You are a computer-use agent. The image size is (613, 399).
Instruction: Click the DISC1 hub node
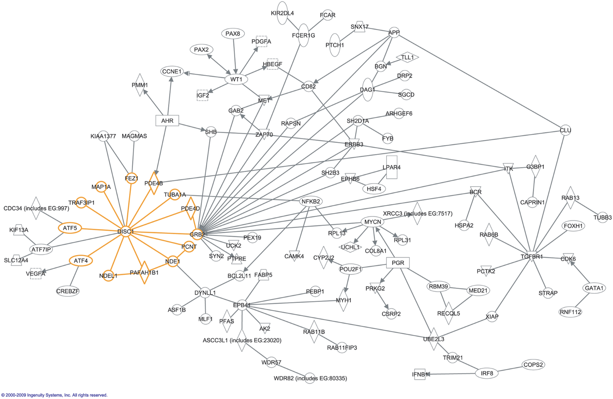tap(126, 232)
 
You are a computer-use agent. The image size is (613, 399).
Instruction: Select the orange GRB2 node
tap(197, 234)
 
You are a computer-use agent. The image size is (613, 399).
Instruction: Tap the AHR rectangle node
tap(167, 121)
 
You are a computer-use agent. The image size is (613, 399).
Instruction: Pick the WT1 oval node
tap(236, 79)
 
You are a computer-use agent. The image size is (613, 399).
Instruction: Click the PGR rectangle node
tap(398, 263)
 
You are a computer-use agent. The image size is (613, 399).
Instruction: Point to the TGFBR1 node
tap(532, 256)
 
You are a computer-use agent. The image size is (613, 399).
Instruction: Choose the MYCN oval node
tap(373, 222)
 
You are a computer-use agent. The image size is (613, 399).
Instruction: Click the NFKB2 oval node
tap(311, 201)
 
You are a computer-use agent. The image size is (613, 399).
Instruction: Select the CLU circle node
tap(565, 130)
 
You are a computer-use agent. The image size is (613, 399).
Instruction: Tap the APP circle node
tap(394, 33)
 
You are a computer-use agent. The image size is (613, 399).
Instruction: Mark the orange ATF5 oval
tap(70, 228)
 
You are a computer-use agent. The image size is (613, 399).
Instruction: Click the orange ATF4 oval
tap(81, 261)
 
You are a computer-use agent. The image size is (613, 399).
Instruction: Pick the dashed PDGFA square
tap(261, 41)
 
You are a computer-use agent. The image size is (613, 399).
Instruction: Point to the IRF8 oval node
tap(487, 373)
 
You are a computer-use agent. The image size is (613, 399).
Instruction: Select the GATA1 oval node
tap(594, 288)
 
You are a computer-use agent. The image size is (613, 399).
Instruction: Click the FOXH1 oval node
tap(573, 226)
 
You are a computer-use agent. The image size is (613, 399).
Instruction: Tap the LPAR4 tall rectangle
tap(392, 167)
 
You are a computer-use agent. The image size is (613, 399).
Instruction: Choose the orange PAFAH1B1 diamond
tap(144, 273)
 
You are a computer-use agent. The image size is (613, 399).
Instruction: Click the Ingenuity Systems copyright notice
tap(54, 395)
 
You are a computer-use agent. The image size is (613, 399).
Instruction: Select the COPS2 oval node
tap(533, 365)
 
